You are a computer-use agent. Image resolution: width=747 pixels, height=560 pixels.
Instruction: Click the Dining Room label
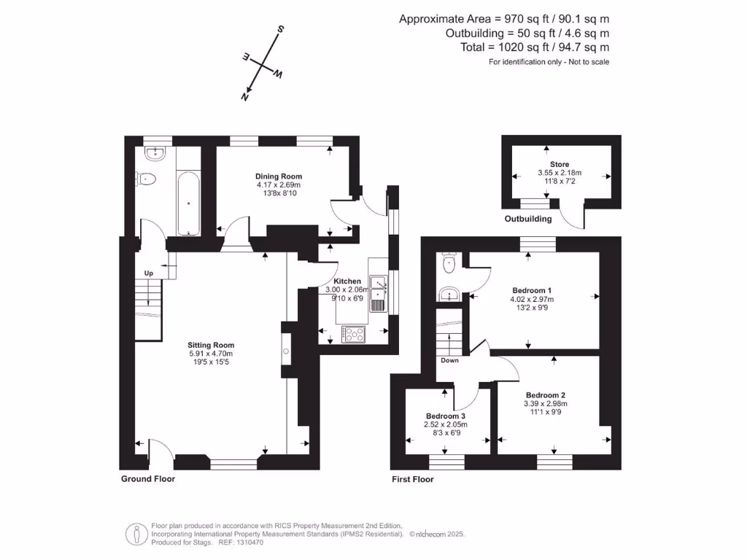(x=278, y=176)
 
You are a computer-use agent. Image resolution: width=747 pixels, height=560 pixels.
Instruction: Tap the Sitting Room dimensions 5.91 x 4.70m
(x=211, y=354)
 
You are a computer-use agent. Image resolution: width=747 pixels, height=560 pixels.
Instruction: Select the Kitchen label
(x=347, y=281)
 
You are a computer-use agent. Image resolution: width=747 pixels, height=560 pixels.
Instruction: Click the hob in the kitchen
(x=354, y=334)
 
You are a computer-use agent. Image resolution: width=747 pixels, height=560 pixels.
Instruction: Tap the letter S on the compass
(x=279, y=30)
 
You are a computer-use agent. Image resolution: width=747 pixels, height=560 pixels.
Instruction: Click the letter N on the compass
(x=247, y=96)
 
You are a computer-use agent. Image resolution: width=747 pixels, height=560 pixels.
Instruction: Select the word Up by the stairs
(x=149, y=273)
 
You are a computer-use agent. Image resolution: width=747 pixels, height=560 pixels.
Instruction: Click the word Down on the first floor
(x=449, y=360)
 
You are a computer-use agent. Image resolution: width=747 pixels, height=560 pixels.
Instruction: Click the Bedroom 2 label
(x=545, y=395)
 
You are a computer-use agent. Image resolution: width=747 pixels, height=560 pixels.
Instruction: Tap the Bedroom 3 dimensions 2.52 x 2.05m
(x=445, y=424)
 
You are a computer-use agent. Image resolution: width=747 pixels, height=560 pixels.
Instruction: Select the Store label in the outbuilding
(x=560, y=165)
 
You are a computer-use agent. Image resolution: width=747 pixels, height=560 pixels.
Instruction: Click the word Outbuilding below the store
(x=528, y=219)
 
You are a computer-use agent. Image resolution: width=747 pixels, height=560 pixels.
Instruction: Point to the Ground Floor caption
(x=148, y=479)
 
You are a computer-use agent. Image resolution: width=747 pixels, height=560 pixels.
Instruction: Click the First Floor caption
(x=412, y=479)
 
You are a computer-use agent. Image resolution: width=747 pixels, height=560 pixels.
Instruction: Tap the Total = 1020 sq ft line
(x=530, y=47)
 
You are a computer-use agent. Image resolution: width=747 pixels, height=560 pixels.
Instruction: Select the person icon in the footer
(x=136, y=534)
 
